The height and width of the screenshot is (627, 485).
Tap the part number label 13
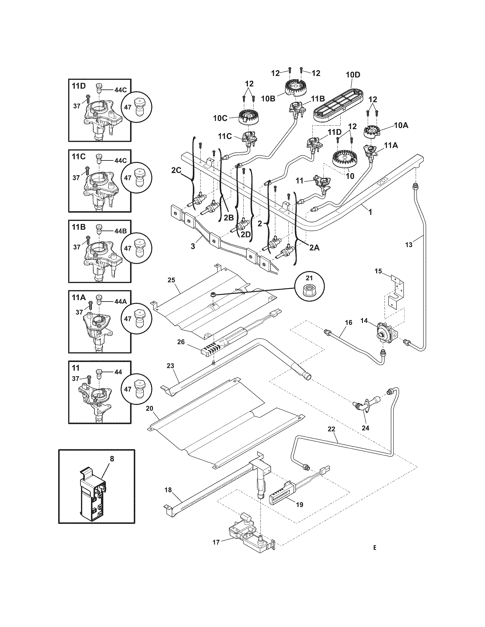[x=409, y=245]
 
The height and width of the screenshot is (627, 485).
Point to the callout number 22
[x=331, y=437]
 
